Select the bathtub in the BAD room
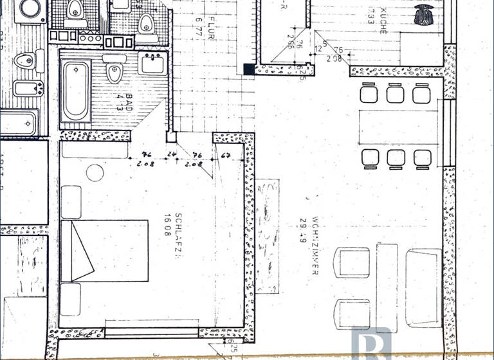[76, 91]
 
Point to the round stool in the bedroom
[95, 172]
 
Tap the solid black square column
[249, 69]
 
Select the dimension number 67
[226, 155]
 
